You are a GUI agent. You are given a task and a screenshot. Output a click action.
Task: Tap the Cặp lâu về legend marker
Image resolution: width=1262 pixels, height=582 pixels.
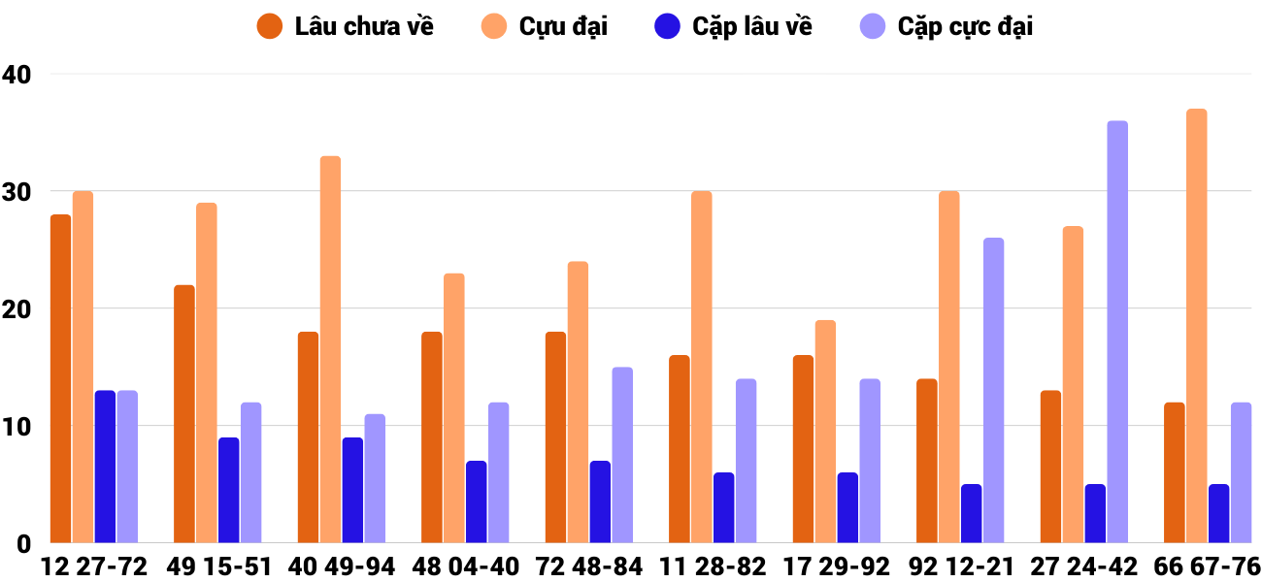pos(666,26)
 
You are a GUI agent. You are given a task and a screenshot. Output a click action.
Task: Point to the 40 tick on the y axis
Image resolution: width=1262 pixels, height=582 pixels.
pos(17,74)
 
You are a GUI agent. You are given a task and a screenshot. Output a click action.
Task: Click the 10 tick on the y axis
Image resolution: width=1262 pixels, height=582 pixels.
pos(17,426)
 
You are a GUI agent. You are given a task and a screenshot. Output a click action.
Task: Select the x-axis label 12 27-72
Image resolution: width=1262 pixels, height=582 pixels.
pos(94,566)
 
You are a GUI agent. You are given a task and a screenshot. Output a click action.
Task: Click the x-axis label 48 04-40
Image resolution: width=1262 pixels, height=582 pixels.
pos(465,566)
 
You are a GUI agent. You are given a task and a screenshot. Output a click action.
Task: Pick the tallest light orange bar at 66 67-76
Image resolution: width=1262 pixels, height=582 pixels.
pos(1196,326)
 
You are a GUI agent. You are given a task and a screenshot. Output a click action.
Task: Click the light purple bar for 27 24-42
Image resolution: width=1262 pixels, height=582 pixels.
pos(1117,332)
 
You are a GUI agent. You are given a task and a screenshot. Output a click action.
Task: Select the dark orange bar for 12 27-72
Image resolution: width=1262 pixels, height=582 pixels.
pos(60,378)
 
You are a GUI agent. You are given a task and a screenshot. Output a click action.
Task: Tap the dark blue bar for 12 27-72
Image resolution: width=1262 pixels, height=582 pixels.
pos(105,467)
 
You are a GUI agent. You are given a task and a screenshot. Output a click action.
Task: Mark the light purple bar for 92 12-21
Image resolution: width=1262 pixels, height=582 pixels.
pos(993,390)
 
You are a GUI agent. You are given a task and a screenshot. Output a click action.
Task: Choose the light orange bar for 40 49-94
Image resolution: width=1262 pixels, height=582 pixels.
pos(330,349)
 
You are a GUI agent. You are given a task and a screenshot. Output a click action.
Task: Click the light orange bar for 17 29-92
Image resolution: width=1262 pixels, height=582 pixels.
pos(825,432)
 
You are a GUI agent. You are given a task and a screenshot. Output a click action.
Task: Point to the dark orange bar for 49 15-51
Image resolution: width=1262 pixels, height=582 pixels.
pos(184,414)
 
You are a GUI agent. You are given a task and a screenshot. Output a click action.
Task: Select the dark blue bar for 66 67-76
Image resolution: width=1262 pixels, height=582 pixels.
pos(1218,513)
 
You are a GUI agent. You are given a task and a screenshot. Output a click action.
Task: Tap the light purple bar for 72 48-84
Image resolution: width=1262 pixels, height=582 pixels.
pos(622,455)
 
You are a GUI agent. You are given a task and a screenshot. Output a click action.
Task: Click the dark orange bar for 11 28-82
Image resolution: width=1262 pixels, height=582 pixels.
pos(680,449)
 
